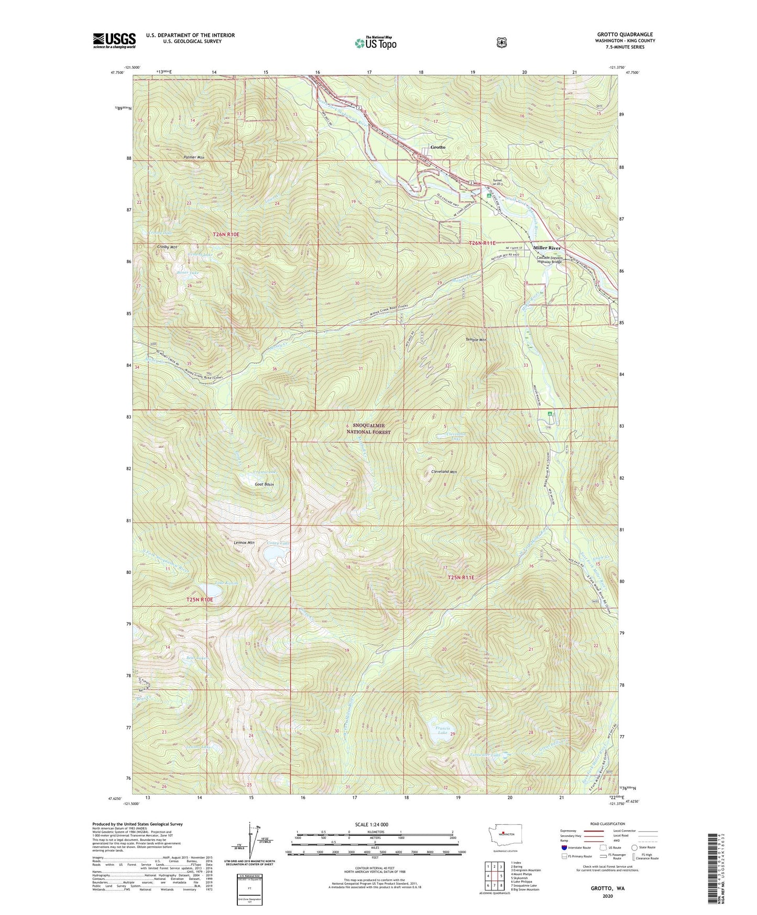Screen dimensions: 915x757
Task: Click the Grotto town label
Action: [x=437, y=147]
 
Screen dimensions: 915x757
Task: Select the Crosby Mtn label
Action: [x=167, y=246]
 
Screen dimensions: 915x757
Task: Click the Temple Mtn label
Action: [x=476, y=340]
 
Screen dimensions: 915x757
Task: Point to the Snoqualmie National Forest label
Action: [x=371, y=429]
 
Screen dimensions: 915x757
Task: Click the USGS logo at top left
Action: [x=114, y=40]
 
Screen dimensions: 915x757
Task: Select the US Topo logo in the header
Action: [x=375, y=42]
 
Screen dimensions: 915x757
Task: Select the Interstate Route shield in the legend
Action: [x=564, y=847]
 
